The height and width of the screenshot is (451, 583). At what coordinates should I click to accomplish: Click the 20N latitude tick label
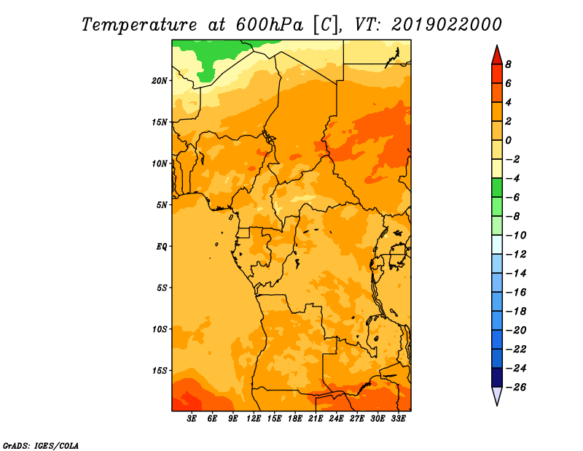point(159,81)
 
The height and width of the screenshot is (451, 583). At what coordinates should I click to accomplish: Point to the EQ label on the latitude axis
point(162,247)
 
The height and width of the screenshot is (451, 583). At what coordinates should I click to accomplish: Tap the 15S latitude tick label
point(160,371)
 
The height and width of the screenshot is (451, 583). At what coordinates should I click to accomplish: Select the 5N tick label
point(162,205)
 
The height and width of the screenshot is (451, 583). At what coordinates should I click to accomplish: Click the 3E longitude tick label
point(192,419)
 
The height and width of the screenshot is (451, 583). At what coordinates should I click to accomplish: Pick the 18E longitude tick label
point(295,419)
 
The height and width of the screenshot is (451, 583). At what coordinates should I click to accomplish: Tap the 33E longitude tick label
point(398,419)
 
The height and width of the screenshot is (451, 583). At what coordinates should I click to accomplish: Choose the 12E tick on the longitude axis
point(254,419)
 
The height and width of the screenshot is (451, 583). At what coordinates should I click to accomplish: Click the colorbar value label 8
point(508,64)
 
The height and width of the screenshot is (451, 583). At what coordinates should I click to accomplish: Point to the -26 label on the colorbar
point(516,388)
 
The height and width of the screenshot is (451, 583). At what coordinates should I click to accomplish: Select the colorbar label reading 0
point(508,140)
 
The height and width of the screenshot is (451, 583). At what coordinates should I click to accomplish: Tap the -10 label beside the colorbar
point(516,236)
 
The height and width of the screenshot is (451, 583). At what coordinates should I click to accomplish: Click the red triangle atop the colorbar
point(497,56)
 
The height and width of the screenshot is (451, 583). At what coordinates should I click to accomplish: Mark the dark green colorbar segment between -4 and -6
point(497,188)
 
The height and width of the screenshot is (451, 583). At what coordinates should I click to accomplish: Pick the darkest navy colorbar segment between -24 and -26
point(497,377)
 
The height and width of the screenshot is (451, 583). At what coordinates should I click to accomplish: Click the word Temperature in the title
point(139,26)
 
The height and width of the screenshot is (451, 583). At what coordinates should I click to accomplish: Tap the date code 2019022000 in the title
point(447,25)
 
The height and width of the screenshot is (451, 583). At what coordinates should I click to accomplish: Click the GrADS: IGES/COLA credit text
point(41,446)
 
